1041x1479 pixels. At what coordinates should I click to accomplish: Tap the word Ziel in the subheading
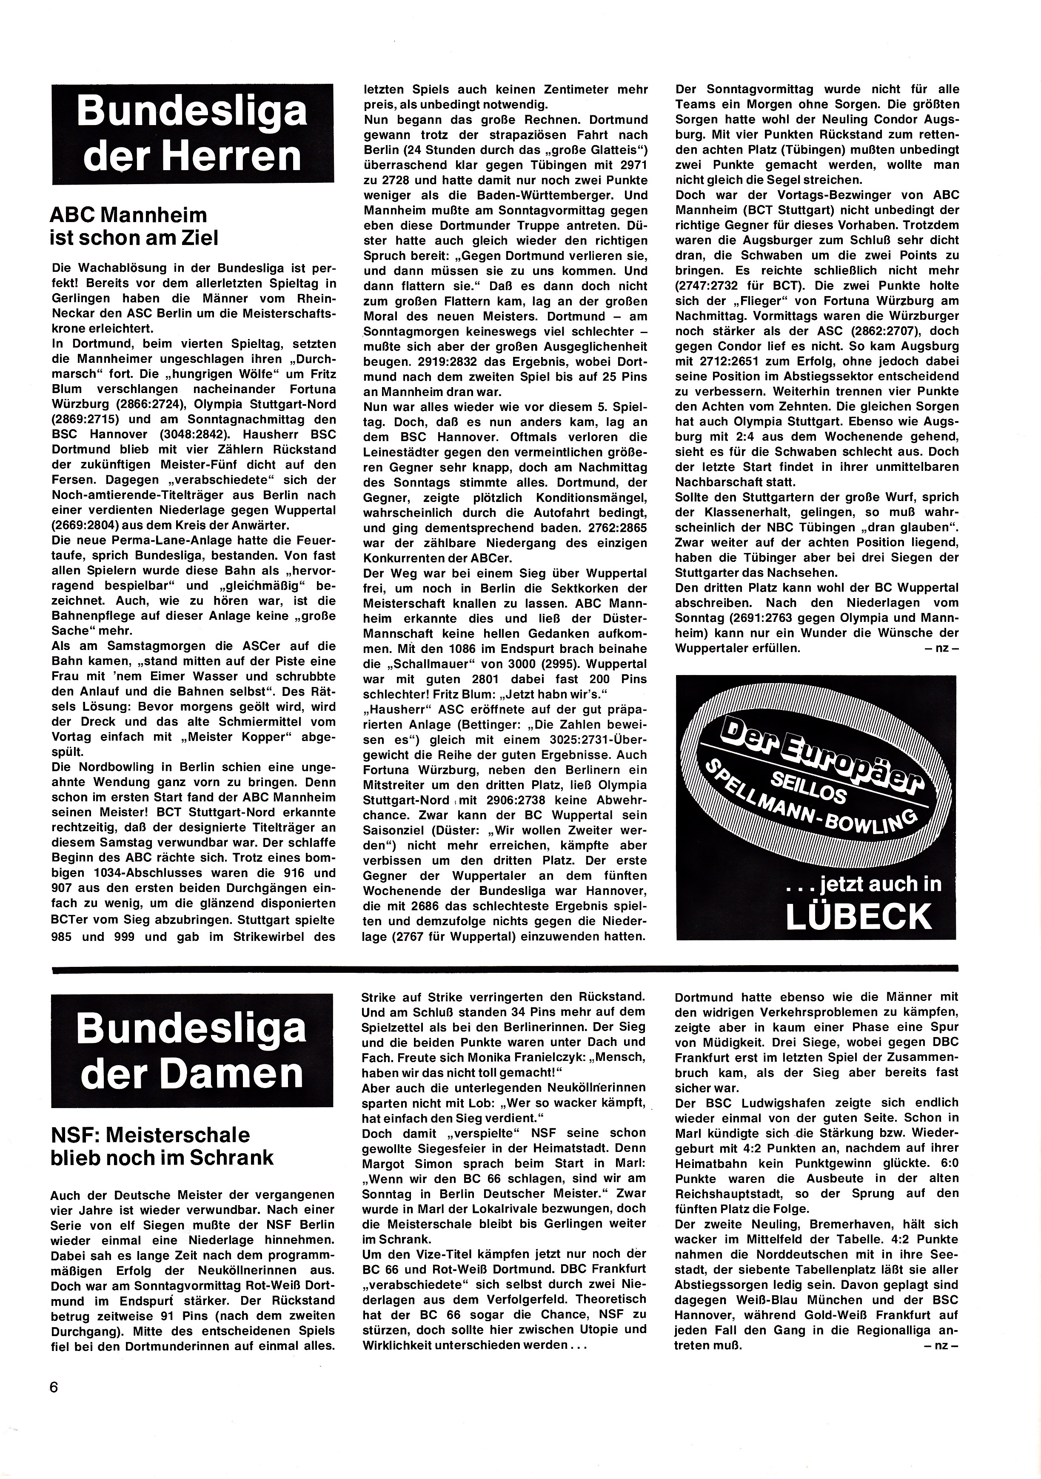tap(194, 238)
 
